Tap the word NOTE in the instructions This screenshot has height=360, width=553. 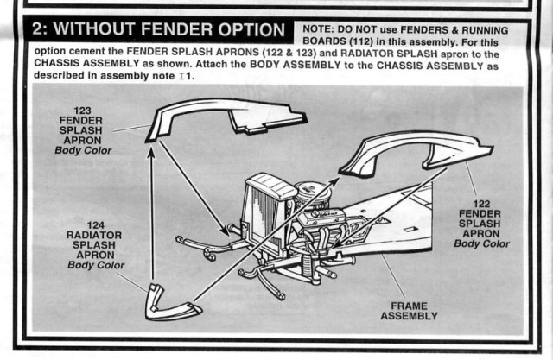320,29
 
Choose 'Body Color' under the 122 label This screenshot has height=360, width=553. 484,244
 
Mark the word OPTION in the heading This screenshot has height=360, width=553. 246,29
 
